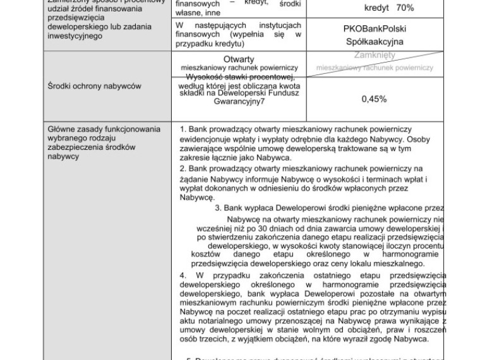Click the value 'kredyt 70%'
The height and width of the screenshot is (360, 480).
coord(389,8)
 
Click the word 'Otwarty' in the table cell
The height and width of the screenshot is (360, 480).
coord(239,59)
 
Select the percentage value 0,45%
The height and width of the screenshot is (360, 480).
coord(375,99)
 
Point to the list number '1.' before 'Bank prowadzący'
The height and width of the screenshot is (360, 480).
coord(183,129)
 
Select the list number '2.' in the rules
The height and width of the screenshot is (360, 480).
coord(183,169)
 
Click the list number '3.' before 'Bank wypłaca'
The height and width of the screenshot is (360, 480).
coord(219,207)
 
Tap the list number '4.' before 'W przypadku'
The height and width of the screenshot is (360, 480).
coord(183,275)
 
